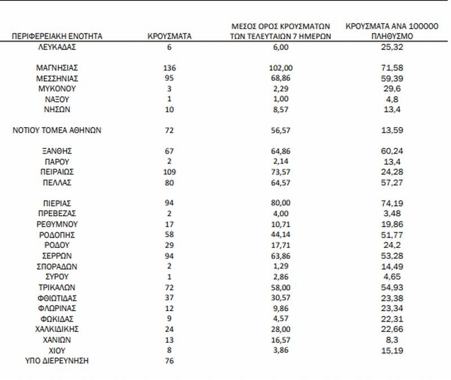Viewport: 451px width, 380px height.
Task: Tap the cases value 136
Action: coord(169,68)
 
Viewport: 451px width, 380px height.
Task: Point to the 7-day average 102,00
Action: coord(282,68)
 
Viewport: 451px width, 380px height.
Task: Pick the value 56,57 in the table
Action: coord(282,130)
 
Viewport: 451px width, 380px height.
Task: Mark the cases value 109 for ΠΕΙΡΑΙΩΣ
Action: coord(169,172)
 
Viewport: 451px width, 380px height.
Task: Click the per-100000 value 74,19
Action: coord(393,203)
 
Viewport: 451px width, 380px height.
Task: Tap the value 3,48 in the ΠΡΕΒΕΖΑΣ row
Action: coord(393,213)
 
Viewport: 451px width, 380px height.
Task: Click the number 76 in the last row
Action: coord(169,360)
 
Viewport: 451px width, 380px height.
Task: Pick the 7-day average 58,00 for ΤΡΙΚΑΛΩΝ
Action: coord(282,287)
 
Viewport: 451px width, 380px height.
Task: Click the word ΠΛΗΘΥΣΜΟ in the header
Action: coord(393,36)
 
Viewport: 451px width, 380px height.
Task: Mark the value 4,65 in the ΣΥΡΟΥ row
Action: coord(393,276)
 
